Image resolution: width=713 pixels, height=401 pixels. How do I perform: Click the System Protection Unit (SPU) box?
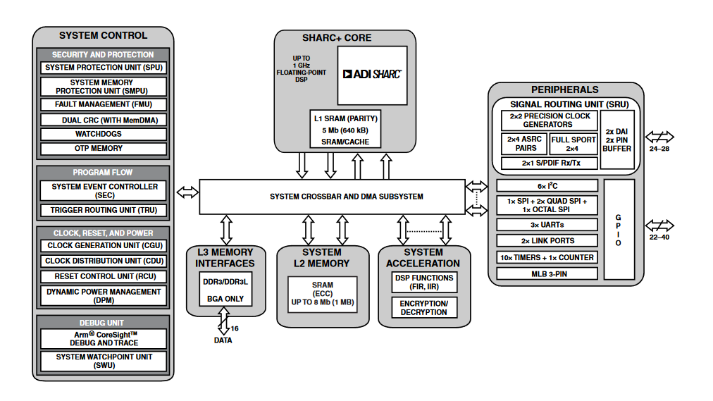[x=103, y=68]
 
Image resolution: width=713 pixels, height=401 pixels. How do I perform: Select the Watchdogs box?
[x=103, y=134]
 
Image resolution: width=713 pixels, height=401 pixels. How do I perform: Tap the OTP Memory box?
[x=103, y=149]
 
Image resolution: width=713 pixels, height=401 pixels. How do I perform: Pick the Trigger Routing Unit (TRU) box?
[x=103, y=210]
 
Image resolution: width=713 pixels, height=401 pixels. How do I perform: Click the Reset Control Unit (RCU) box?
[x=103, y=276]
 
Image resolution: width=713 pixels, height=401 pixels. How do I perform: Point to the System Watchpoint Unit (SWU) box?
[x=103, y=362]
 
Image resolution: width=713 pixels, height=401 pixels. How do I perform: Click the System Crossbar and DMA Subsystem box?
[x=332, y=197]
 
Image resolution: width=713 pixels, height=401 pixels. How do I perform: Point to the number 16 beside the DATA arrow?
[x=234, y=328]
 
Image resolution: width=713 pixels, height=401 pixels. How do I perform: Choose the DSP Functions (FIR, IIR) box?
[x=423, y=283]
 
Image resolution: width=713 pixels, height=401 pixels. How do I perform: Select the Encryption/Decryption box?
[x=423, y=308]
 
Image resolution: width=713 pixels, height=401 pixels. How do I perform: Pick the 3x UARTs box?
[x=547, y=225]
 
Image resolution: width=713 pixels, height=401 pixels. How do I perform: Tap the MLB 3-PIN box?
[x=547, y=273]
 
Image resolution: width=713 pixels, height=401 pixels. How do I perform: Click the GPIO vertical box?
[x=619, y=230]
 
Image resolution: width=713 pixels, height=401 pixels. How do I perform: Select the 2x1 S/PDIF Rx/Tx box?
[x=549, y=164]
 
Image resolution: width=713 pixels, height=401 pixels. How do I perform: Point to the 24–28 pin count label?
[x=659, y=149]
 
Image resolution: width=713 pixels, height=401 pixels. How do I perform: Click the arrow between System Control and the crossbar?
[x=187, y=192]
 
